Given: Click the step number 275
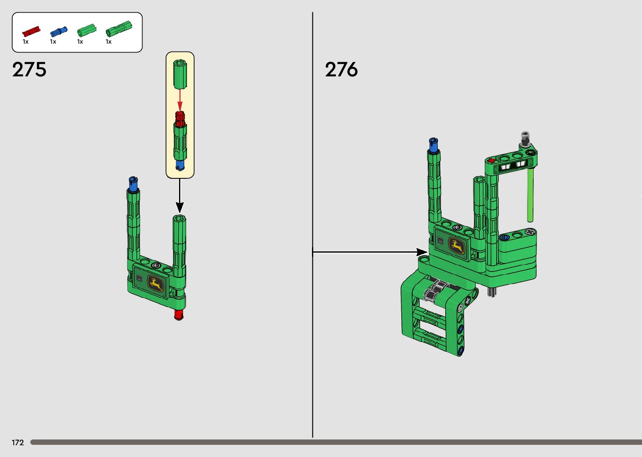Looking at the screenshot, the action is tap(29, 69).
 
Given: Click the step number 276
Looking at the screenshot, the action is tap(341, 69).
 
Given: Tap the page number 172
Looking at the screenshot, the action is tap(18, 442).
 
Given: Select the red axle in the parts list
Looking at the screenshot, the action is tap(31, 31).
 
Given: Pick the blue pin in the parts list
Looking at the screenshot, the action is tap(59, 31).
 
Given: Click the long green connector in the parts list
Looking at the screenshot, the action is tap(119, 29).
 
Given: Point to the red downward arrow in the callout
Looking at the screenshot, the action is tap(180, 100).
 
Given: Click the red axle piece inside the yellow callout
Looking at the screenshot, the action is tap(180, 119).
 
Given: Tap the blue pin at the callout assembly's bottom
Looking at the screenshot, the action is tap(180, 165).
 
